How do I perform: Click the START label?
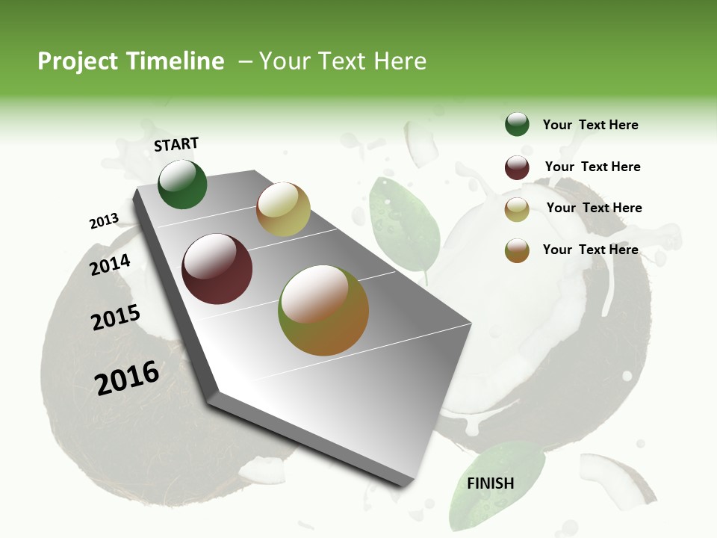coord(176,144)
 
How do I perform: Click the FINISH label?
coord(490,483)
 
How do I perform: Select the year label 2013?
coord(104,221)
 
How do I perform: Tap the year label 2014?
coord(111,265)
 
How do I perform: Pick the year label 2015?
coord(116,318)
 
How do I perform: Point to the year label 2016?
coord(127,378)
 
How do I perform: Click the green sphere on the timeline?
coord(182,184)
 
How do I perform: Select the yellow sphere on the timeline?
coord(283,209)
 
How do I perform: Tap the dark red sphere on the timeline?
coord(217,269)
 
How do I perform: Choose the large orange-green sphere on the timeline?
coord(323,310)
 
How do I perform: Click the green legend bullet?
coord(517,124)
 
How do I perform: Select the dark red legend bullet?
coord(517,167)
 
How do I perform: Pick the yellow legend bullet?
coord(517,209)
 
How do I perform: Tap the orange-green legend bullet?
coord(517,250)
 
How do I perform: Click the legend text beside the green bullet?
coord(590,125)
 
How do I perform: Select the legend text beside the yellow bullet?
coord(594,208)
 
